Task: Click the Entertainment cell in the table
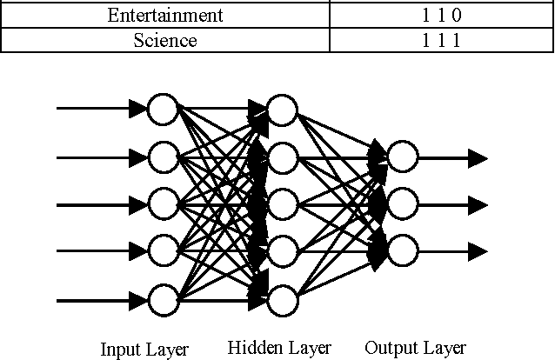tap(165, 16)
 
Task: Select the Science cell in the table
tap(165, 40)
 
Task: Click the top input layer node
tap(162, 110)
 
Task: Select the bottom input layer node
tap(162, 300)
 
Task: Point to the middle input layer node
tap(162, 204)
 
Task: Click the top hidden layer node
tap(282, 110)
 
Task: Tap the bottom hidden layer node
tap(282, 300)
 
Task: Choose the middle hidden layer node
tap(282, 204)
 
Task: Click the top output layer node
tap(403, 157)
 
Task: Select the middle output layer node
tap(403, 204)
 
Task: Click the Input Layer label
tap(144, 350)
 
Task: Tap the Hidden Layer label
tap(279, 348)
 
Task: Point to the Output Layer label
tap(415, 348)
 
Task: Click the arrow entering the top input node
tap(101, 109)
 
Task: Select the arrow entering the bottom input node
tap(101, 301)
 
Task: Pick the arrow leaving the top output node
tap(452, 157)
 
